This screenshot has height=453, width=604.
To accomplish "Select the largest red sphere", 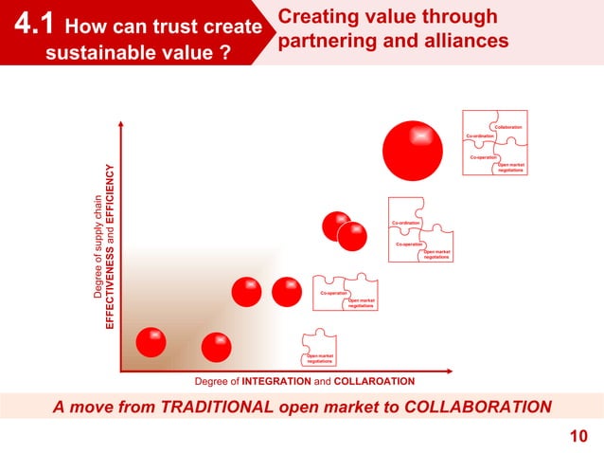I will [x=413, y=150].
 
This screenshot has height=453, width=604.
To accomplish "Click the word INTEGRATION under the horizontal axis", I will [x=276, y=381].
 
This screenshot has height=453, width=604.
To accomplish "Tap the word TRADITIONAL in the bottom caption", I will [x=218, y=408].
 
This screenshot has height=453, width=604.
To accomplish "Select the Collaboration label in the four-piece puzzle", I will [x=507, y=127].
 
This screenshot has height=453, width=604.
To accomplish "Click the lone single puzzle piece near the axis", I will [x=319, y=349].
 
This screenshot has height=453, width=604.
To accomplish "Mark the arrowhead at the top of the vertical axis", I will [x=122, y=122].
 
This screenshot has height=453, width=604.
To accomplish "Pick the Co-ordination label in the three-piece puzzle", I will [x=405, y=223].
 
